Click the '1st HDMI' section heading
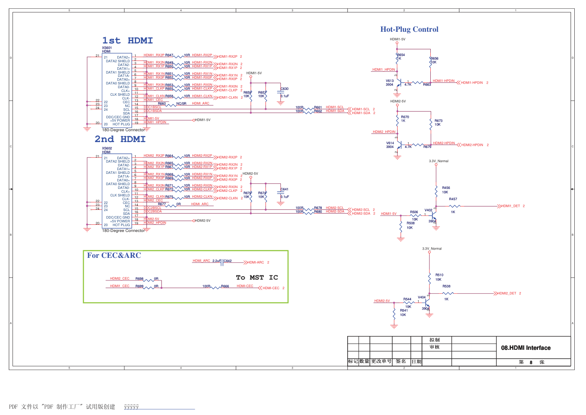pos(127,41)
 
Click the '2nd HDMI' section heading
pos(120,139)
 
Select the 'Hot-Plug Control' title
pos(409,29)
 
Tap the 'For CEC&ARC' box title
pos(114,255)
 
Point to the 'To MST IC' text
pos(257,278)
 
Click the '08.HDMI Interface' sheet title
pos(525,348)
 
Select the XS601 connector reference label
pos(107,48)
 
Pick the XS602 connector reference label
pos(107,148)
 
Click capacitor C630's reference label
pos(285,89)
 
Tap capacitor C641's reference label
pos(285,189)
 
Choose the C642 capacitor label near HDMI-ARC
pos(227,261)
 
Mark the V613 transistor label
pos(389,81)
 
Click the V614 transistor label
pos(390,143)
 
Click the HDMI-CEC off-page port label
pos(271,288)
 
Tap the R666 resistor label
pos(225,286)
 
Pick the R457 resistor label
pos(453,199)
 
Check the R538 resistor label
pos(446,286)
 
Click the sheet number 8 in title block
pos(531,362)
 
